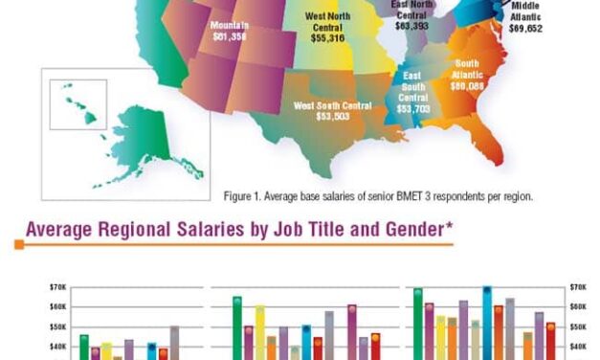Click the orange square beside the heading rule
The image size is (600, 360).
pos(18,245)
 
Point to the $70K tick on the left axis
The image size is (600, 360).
pos(56,286)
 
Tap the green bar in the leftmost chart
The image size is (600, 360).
pos(84,347)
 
